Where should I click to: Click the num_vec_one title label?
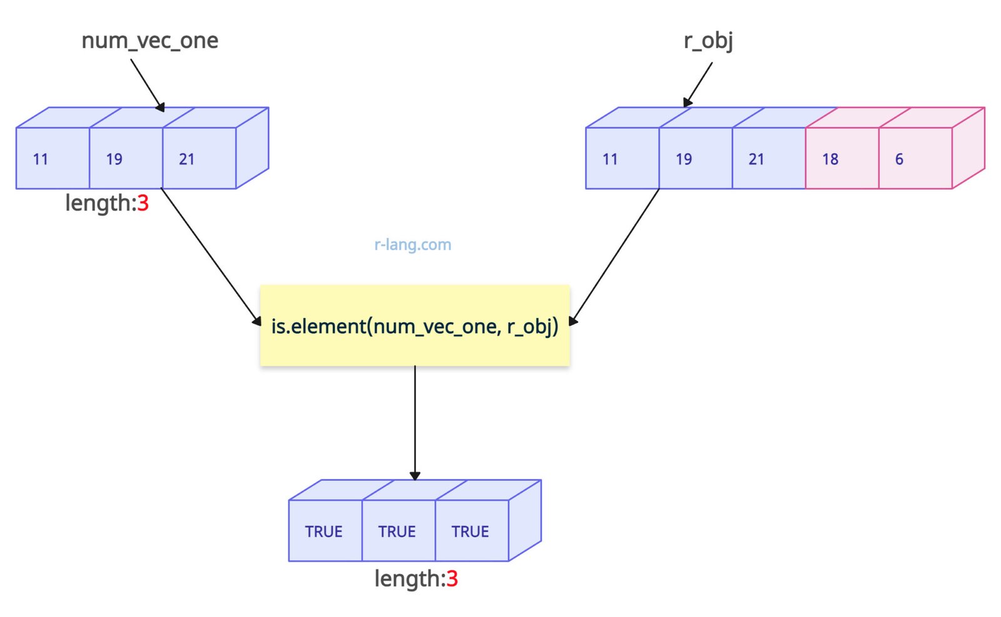(150, 41)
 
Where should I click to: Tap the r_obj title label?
(708, 41)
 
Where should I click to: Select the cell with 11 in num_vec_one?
(53, 158)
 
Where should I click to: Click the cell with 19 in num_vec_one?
(126, 158)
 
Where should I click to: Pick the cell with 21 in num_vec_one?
(199, 158)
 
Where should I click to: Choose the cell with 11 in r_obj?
(622, 158)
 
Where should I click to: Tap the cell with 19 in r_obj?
(695, 158)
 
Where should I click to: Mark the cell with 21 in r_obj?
(768, 158)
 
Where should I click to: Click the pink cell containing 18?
(841, 158)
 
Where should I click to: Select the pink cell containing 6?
(915, 158)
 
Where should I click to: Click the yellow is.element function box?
(415, 326)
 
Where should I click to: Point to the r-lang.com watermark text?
(412, 244)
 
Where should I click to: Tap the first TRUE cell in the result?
(325, 531)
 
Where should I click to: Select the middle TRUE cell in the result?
(398, 531)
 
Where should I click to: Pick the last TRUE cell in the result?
(471, 531)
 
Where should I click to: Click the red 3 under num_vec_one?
(143, 203)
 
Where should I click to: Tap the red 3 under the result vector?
(452, 579)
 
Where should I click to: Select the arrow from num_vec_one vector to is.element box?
(211, 256)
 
